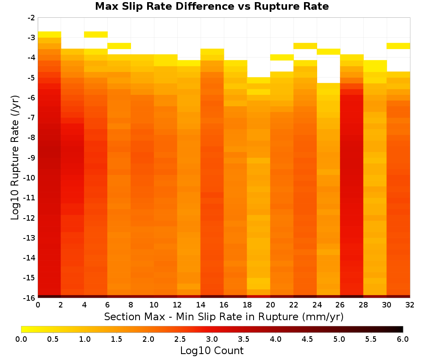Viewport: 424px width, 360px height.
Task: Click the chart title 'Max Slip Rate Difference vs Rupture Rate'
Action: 212,6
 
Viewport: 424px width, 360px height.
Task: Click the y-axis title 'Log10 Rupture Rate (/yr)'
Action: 15,158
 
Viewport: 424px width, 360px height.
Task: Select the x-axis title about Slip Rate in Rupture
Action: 224,316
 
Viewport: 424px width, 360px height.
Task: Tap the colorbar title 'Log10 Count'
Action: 212,351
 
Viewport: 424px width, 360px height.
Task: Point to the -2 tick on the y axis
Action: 31,18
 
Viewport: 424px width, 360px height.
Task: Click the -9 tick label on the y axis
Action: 31,158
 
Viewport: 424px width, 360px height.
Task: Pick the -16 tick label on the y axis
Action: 30,298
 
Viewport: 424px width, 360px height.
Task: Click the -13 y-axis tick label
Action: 30,238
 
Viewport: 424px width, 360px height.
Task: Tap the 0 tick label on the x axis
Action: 38,305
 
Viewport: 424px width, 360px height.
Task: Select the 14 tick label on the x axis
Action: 201,305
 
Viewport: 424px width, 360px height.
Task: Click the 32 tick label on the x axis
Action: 410,305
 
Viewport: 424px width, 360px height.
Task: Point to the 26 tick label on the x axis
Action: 340,305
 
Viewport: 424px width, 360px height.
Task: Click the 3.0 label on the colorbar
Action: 212,339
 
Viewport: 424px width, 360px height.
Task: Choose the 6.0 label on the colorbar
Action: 403,339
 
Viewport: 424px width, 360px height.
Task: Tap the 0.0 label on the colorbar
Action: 21,339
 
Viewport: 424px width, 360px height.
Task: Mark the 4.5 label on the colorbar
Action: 307,339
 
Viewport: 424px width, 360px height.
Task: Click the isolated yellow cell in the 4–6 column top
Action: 96,35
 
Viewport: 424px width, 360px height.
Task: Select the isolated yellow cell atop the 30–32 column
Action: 398,46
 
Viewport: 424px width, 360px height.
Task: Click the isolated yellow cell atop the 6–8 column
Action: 119,46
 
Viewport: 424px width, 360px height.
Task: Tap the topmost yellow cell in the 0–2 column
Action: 50,35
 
